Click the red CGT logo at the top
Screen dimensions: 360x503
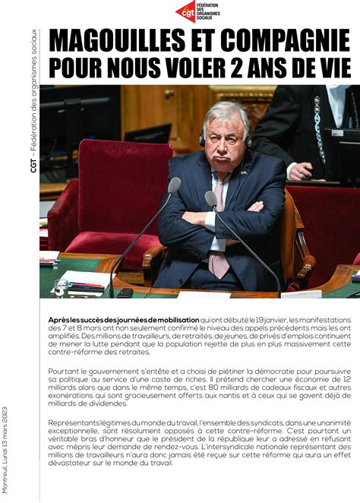186,11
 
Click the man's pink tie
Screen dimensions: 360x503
219,228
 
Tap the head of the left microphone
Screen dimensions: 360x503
175,185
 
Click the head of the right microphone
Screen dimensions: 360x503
210,199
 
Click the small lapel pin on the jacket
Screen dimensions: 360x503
244,172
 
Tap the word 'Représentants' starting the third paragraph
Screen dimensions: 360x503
73,422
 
